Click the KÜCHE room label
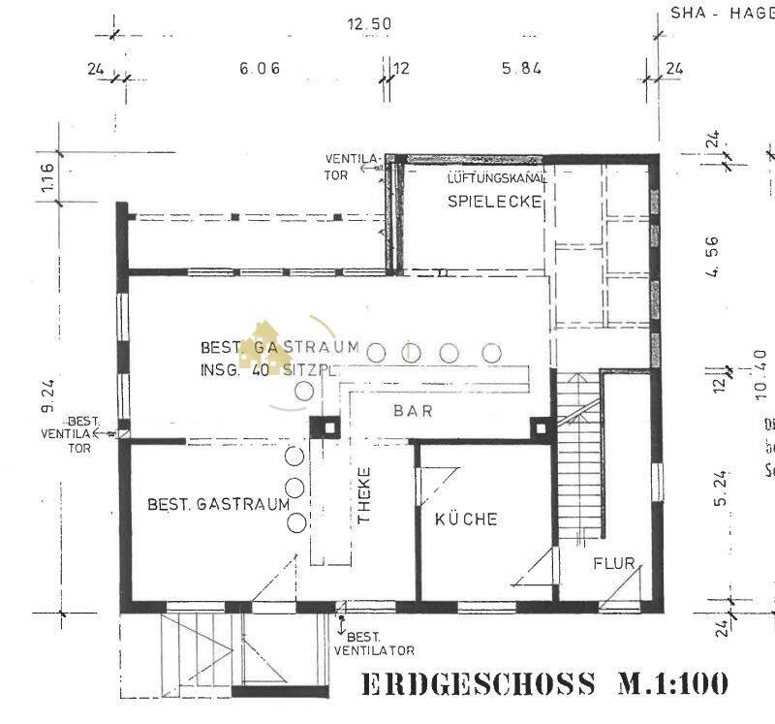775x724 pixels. click(x=466, y=519)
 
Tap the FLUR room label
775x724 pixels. click(x=613, y=563)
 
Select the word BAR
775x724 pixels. click(x=413, y=410)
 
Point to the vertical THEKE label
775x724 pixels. click(x=365, y=496)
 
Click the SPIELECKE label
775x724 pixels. click(x=493, y=202)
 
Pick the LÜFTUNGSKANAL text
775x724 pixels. click(x=497, y=179)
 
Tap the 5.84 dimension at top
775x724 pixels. click(x=521, y=69)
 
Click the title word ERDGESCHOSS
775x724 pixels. click(x=478, y=684)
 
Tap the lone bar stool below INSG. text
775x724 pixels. click(x=304, y=391)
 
